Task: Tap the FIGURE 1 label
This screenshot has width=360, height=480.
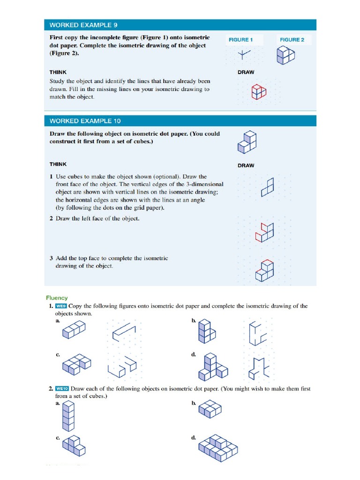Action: point(240,40)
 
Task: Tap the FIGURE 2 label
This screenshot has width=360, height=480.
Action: point(292,40)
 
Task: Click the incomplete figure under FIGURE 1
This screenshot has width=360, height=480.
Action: point(243,55)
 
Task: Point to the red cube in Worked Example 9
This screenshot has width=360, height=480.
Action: point(258,92)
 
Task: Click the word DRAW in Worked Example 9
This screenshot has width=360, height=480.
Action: point(246,72)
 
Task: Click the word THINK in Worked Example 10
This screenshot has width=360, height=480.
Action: point(58,164)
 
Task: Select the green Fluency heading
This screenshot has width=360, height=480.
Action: point(57,298)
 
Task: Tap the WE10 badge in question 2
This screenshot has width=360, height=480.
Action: point(62,389)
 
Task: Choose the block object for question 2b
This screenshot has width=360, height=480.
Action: point(210,409)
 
